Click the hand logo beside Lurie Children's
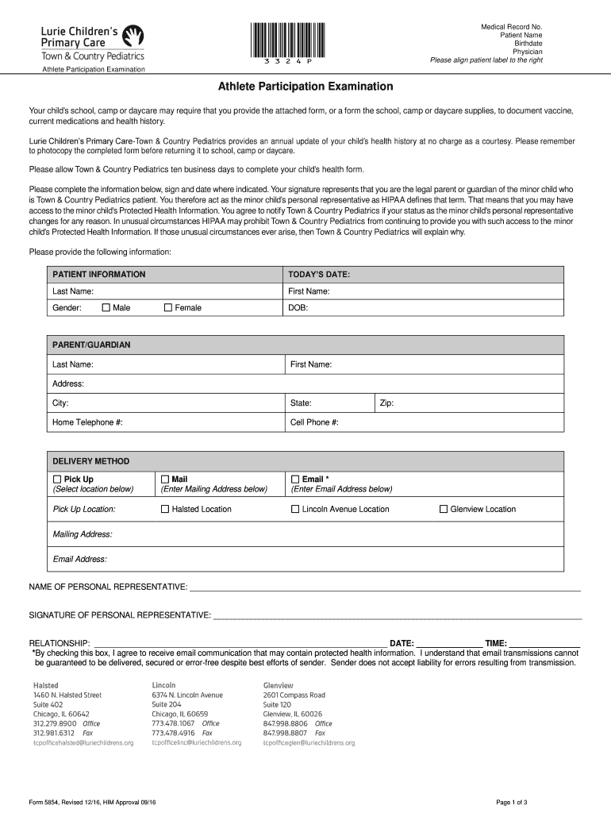click(133, 36)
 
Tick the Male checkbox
click(106, 307)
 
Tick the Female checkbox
click(167, 307)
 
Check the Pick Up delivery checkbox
click(57, 480)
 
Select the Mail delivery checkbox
click(165, 480)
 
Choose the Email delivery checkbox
click(295, 480)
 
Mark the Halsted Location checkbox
click(165, 509)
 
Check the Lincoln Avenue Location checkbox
click(295, 509)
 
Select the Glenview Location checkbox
click(444, 509)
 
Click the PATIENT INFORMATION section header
click(99, 274)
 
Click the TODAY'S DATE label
click(320, 274)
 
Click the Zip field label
click(386, 403)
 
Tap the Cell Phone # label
click(315, 422)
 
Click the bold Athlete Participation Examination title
click(305, 86)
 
